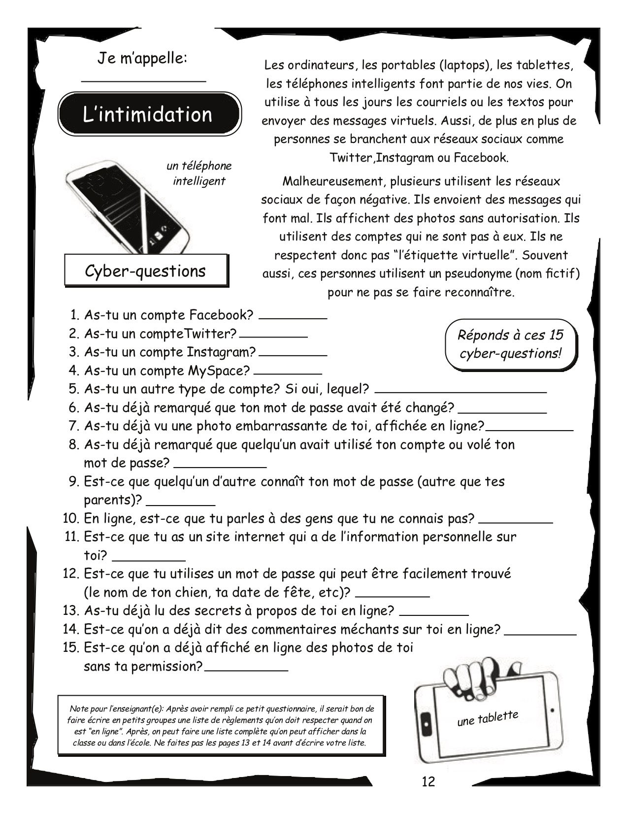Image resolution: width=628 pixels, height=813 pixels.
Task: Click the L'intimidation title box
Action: (150, 114)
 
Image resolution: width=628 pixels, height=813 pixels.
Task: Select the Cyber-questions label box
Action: (146, 271)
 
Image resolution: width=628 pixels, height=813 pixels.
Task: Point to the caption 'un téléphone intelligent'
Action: (199, 173)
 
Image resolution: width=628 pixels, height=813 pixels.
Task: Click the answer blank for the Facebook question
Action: (293, 318)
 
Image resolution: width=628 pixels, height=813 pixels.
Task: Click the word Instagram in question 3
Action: (221, 352)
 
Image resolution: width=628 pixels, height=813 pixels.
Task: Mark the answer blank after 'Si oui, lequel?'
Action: (461, 392)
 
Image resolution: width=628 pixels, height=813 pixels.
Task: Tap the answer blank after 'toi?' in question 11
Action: (149, 560)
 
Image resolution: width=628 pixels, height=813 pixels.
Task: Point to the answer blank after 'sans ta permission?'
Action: (246, 670)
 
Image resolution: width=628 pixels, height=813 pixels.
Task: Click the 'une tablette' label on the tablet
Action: (488, 718)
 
